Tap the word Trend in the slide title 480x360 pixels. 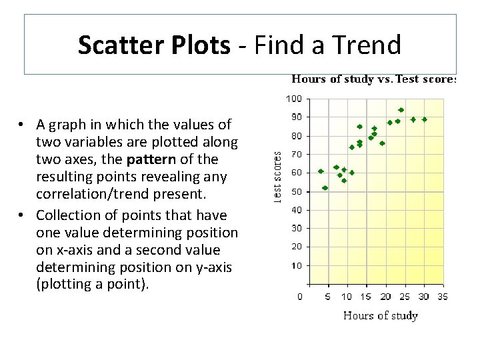pos(369,45)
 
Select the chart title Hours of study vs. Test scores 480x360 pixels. pos(373,79)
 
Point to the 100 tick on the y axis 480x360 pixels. pos(294,99)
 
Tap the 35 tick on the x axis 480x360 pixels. pos(442,297)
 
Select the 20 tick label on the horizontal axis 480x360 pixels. pos(385,297)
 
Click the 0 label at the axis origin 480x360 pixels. pos(300,297)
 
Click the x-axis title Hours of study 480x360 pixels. pos(380,315)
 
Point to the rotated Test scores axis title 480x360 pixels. pos(279,175)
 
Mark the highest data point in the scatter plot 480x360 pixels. pos(401,110)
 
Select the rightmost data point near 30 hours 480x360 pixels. pos(425,119)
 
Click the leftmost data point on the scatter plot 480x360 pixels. pos(321,171)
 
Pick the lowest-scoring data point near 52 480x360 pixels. pos(325,188)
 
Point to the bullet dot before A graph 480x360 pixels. pos(22,125)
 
